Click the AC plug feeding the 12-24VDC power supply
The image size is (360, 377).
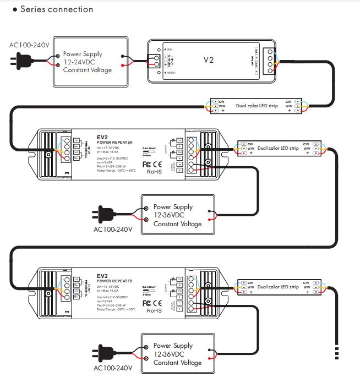(17, 61)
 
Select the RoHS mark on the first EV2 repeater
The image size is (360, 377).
(154, 172)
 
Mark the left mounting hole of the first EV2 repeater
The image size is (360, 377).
(48, 155)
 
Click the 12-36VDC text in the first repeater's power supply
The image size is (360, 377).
(172, 216)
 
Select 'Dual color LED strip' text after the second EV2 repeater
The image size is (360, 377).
(277, 287)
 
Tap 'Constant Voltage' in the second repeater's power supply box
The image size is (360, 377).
(177, 363)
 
